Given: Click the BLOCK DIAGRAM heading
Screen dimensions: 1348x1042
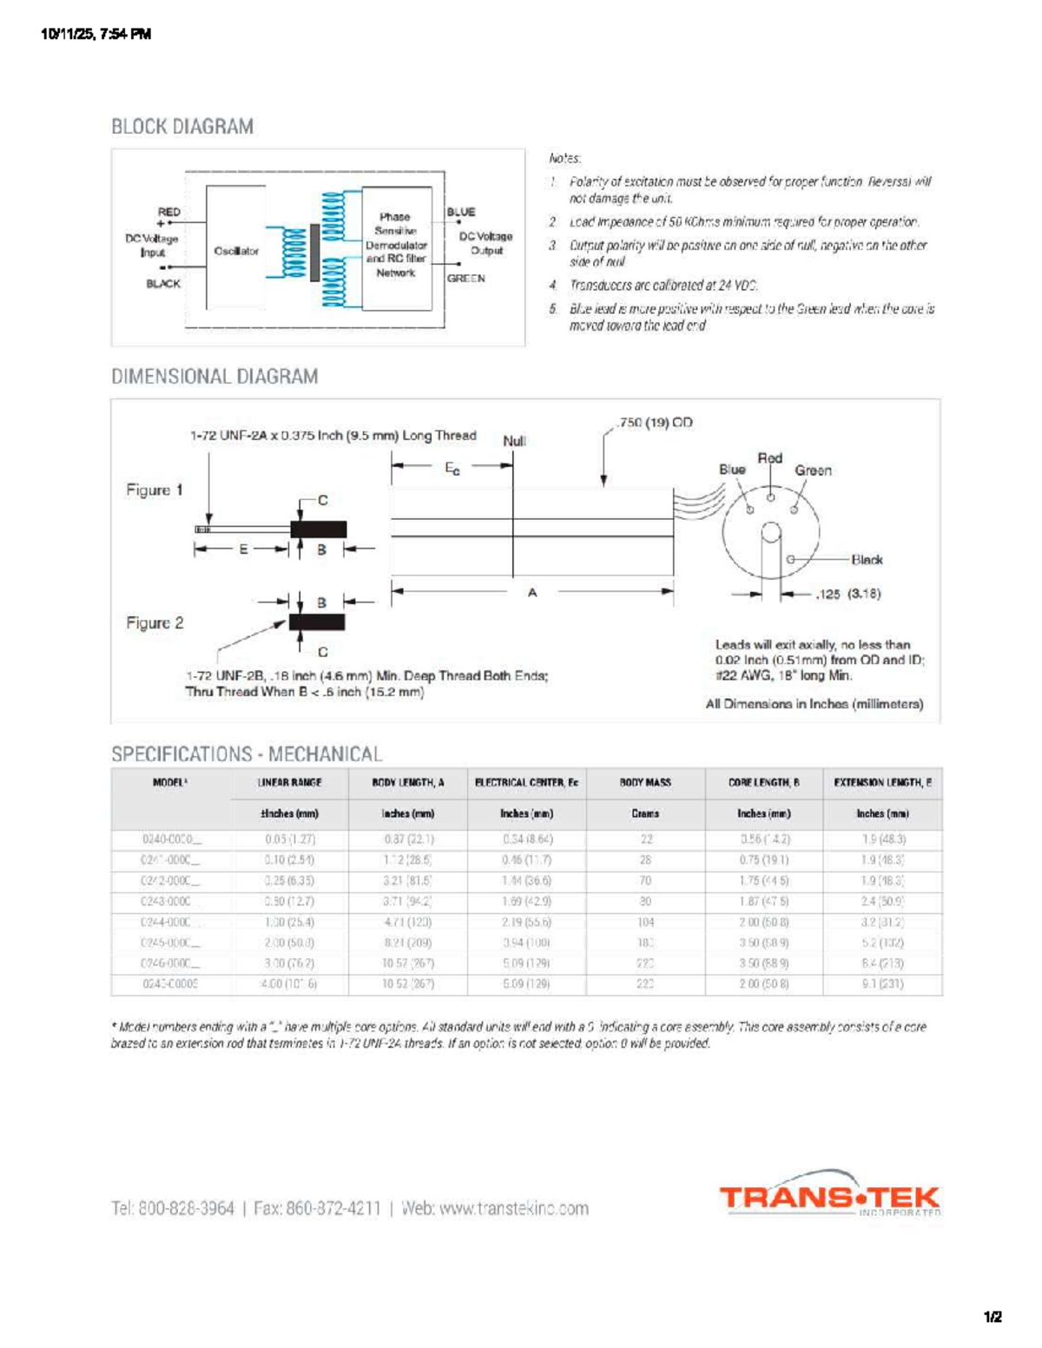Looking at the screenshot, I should coord(182,127).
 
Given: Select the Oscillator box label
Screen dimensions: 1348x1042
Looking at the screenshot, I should coord(236,251).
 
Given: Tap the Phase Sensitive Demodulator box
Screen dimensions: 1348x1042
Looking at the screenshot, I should coord(396,245).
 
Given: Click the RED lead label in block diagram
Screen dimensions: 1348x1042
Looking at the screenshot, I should coord(169,212).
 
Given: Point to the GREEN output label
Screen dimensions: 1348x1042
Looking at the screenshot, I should coord(466,279).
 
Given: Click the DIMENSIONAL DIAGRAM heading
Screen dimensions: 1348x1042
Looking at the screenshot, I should coord(214,377).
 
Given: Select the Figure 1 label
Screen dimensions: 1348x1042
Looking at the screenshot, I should coord(155,490).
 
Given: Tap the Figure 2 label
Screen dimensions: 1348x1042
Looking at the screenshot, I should coord(155,623).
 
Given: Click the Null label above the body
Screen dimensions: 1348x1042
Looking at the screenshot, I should coord(514,441).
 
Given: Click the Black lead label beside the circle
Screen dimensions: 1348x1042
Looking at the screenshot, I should coord(867,560).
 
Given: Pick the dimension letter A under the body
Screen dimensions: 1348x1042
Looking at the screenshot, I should coord(532,592).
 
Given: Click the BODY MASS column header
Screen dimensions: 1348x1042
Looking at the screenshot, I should coord(645,783).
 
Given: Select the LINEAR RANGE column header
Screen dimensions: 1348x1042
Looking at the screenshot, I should coord(290,783).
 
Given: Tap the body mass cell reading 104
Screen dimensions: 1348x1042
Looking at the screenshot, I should coord(645,922).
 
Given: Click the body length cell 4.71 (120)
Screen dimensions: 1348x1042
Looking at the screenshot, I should coord(407,922).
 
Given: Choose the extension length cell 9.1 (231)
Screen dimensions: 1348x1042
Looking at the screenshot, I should coord(882,984).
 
